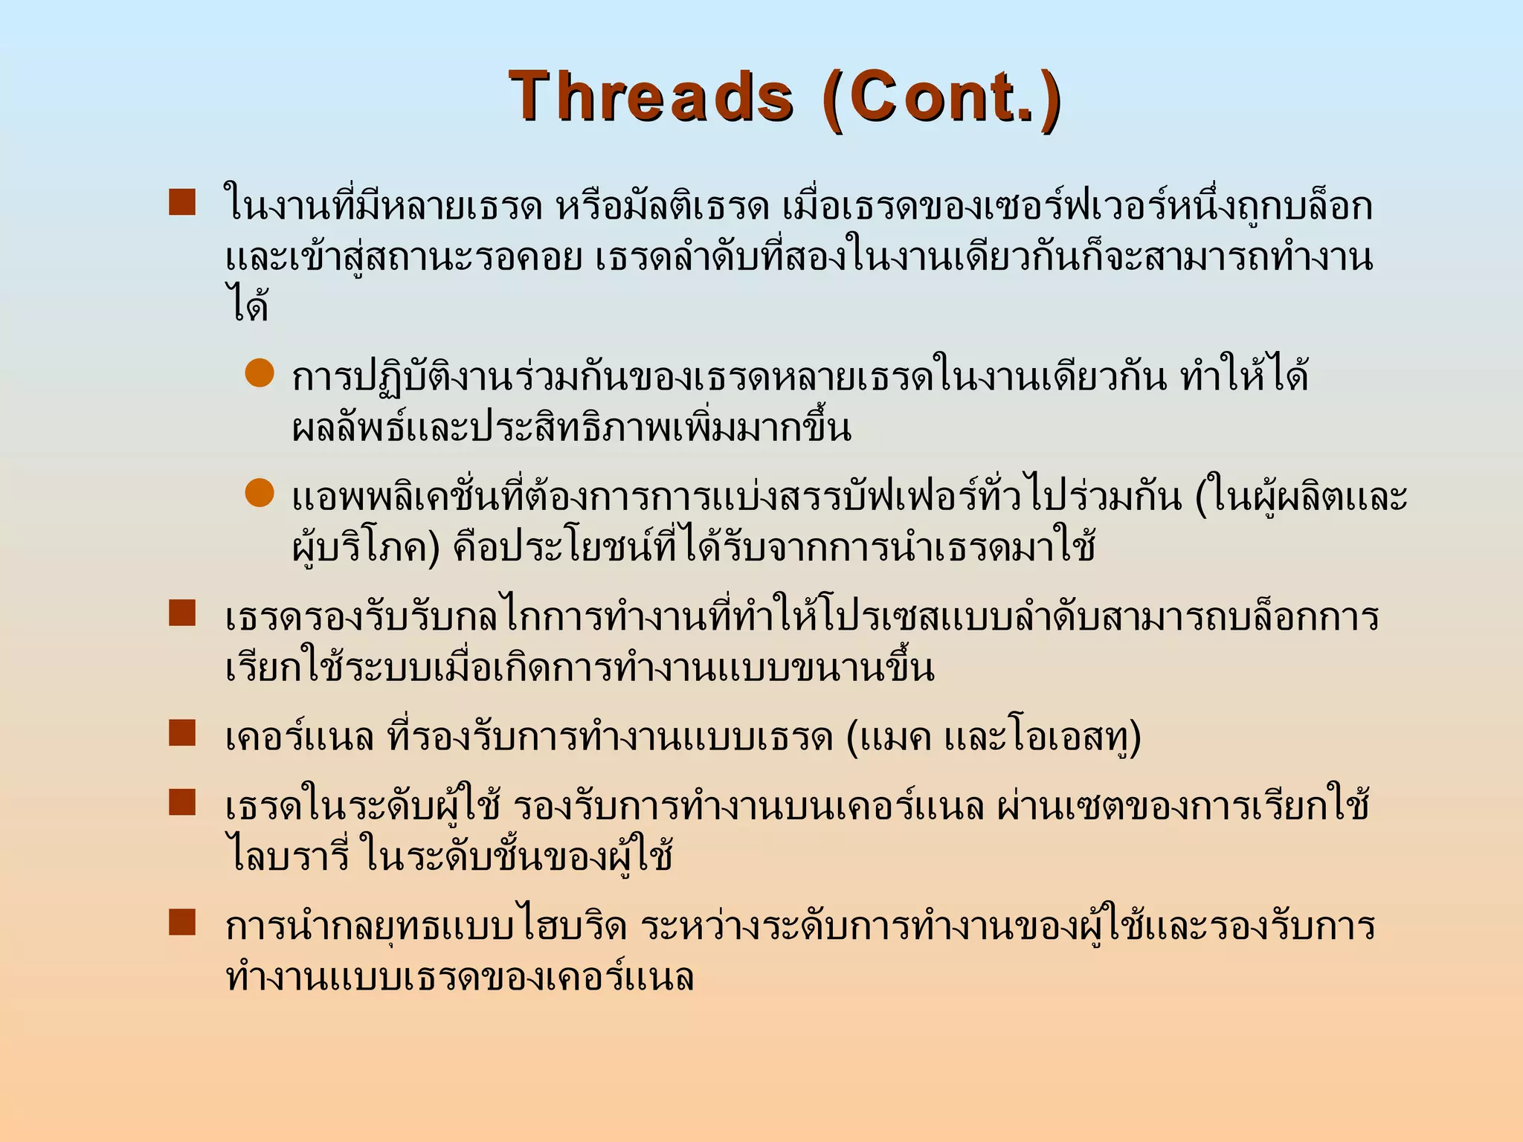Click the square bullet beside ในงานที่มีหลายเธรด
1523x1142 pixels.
[182, 202]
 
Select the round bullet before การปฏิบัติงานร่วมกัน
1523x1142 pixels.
[260, 373]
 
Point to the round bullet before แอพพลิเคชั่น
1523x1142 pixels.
[260, 493]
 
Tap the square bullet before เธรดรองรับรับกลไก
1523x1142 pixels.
[182, 613]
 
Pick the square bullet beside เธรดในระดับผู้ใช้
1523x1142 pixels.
[182, 802]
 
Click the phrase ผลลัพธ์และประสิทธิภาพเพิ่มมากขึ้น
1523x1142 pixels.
[571, 428]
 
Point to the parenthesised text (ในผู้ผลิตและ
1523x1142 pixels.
[1301, 497]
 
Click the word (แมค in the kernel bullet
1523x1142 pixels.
[889, 737]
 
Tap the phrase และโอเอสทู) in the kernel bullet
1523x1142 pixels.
[1042, 738]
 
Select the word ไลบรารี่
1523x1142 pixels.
[287, 855]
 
